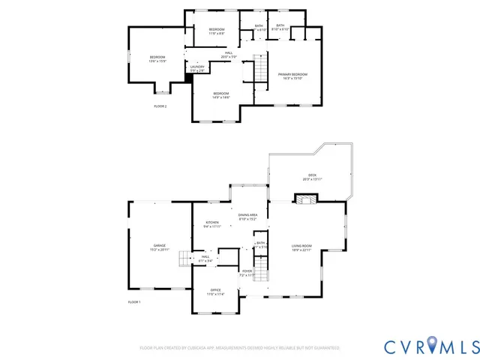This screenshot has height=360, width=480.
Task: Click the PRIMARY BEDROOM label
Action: [x=293, y=76]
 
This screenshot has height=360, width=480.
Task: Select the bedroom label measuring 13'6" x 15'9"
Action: [x=157, y=59]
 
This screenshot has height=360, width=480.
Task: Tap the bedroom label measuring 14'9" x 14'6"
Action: [x=220, y=94]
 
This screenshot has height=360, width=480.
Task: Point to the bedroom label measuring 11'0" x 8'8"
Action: [x=216, y=31]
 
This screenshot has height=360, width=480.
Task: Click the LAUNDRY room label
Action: [x=197, y=69]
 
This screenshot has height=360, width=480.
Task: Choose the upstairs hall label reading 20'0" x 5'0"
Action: [x=229, y=55]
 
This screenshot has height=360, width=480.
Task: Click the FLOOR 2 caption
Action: [x=160, y=106]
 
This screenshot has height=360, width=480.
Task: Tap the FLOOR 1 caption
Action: [x=133, y=301]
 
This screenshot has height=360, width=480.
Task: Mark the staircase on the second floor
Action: [x=259, y=69]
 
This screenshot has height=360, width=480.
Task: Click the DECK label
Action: [x=312, y=177]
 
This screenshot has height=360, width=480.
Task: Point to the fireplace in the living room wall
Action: [x=304, y=199]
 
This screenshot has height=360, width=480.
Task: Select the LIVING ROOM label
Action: [x=301, y=247]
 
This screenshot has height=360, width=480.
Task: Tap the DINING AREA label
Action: [x=247, y=217]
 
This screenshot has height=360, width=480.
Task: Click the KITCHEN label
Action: [x=212, y=224]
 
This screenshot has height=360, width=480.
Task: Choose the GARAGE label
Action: [x=160, y=247]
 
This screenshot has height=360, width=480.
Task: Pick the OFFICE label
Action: [x=215, y=292]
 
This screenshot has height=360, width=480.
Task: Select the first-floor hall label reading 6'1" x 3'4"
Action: [x=205, y=259]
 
